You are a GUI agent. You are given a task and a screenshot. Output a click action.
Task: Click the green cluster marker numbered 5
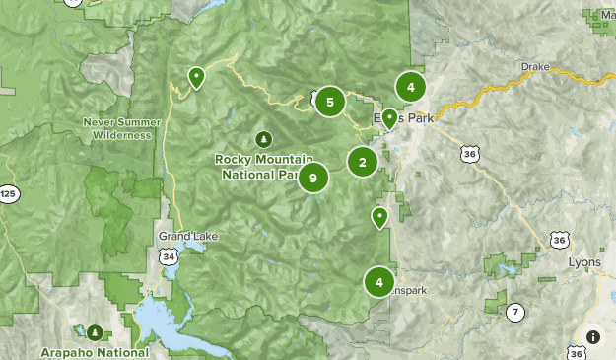(x=330, y=101)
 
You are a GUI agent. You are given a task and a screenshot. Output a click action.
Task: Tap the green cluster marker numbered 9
(x=313, y=178)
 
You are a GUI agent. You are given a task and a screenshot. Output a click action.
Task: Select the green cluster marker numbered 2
(x=363, y=163)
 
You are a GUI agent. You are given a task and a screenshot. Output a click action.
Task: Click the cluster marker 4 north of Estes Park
(x=410, y=87)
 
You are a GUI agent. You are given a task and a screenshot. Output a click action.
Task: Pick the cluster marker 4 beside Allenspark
(x=378, y=282)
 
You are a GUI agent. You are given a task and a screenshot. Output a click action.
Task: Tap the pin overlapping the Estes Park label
(x=389, y=118)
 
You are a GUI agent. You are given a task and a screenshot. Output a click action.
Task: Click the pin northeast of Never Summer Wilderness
(x=196, y=76)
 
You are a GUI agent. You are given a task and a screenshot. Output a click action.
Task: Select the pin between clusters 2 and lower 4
(x=379, y=216)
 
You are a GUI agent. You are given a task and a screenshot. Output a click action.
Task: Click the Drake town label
(x=534, y=66)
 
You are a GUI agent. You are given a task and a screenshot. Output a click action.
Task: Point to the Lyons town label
(x=584, y=262)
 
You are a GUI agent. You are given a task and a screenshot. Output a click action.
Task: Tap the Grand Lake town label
(x=188, y=237)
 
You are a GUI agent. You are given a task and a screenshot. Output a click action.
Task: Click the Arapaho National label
(x=95, y=351)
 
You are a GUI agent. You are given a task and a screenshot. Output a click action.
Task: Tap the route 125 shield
(x=9, y=193)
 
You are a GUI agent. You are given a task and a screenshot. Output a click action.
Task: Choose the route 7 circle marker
(x=514, y=313)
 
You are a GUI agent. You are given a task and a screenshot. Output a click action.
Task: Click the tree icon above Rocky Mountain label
(x=263, y=139)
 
